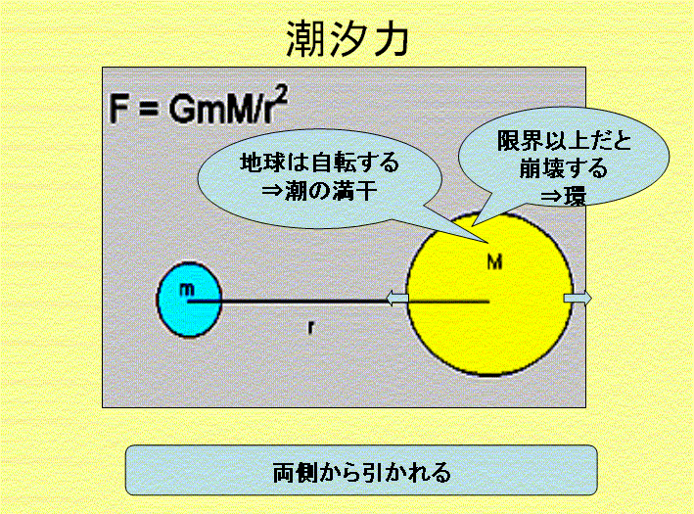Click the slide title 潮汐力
[x=347, y=39]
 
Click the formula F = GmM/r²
[x=199, y=106]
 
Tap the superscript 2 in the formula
[x=282, y=95]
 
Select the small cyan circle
[x=190, y=300]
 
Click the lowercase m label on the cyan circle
[x=187, y=289]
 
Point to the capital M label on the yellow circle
[x=494, y=262]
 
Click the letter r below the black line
[x=311, y=327]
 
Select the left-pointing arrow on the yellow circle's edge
[x=397, y=298]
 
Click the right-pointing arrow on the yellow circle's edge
[x=578, y=298]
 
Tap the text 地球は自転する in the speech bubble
[x=319, y=163]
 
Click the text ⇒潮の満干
[x=319, y=191]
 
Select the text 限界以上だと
[x=565, y=141]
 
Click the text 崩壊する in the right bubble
[x=564, y=168]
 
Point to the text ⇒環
[x=564, y=196]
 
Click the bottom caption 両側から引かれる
[x=361, y=472]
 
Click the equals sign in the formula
[x=148, y=109]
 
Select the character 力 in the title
[x=390, y=39]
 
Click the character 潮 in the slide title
[x=306, y=39]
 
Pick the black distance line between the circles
[x=338, y=301]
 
